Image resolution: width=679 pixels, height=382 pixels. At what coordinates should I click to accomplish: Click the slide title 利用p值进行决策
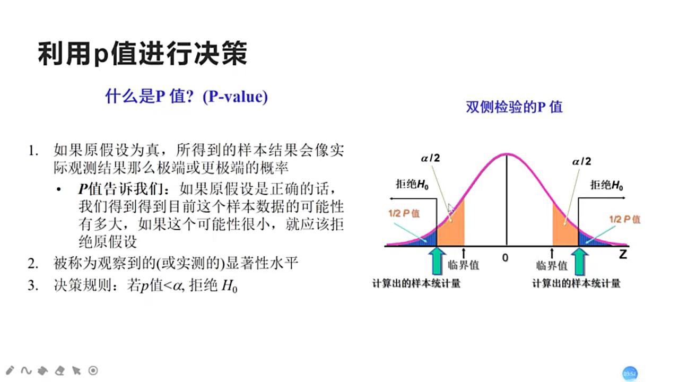pos(142,54)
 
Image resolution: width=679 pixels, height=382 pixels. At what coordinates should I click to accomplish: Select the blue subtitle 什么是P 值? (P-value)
pos(187,97)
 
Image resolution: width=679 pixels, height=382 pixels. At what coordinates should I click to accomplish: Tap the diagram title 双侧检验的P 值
pos(514,107)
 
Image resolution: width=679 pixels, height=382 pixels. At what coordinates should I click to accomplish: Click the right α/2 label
pos(581,161)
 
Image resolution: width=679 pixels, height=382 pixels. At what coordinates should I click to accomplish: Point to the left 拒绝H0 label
pos(412,185)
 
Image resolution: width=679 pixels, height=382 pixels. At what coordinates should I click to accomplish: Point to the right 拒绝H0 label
pos(607,185)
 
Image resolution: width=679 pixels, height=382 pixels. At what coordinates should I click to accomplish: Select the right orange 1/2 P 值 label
pos(624,219)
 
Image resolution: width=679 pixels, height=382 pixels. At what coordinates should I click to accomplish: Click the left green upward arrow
pos(437,259)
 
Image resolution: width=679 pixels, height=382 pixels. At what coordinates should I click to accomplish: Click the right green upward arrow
pos(580,261)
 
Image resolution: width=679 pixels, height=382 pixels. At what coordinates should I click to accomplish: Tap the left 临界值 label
pos(464,265)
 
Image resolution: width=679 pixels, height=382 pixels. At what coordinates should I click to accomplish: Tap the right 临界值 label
pos(552,265)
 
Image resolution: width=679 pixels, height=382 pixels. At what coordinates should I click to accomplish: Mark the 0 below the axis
pos(505,257)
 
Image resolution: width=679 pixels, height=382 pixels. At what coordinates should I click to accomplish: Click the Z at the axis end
pos(622,254)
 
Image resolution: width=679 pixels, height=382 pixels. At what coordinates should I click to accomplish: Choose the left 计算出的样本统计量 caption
pos(416,283)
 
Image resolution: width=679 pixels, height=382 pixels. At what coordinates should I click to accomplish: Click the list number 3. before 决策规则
pos(33,285)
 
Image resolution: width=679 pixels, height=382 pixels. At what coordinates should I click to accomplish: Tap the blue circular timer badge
pos(630,374)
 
